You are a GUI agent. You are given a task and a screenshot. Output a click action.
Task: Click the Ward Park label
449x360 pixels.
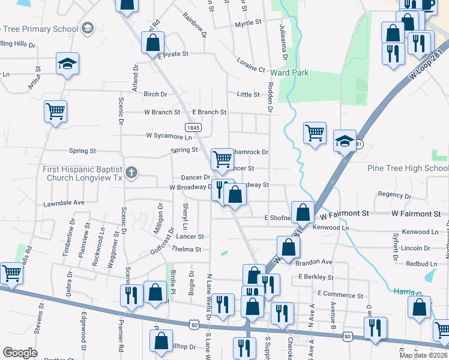(289, 73)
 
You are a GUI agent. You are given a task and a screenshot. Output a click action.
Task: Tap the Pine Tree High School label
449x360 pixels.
(408, 169)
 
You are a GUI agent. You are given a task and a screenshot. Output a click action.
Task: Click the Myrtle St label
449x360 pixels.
(249, 23)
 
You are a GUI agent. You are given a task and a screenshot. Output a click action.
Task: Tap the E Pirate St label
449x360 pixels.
(173, 53)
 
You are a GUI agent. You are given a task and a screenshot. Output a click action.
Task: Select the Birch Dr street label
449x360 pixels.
(155, 94)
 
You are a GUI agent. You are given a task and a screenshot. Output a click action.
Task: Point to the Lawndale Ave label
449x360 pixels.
(64, 203)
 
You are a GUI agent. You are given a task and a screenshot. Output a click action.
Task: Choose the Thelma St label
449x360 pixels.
(188, 249)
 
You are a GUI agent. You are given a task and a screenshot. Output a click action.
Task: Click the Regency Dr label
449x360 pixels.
(394, 194)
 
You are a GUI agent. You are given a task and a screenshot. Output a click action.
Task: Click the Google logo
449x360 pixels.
(20, 353)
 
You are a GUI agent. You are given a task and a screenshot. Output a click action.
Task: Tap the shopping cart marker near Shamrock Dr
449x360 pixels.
(222, 158)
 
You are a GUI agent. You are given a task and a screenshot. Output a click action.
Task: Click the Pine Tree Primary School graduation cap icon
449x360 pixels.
(88, 28)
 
